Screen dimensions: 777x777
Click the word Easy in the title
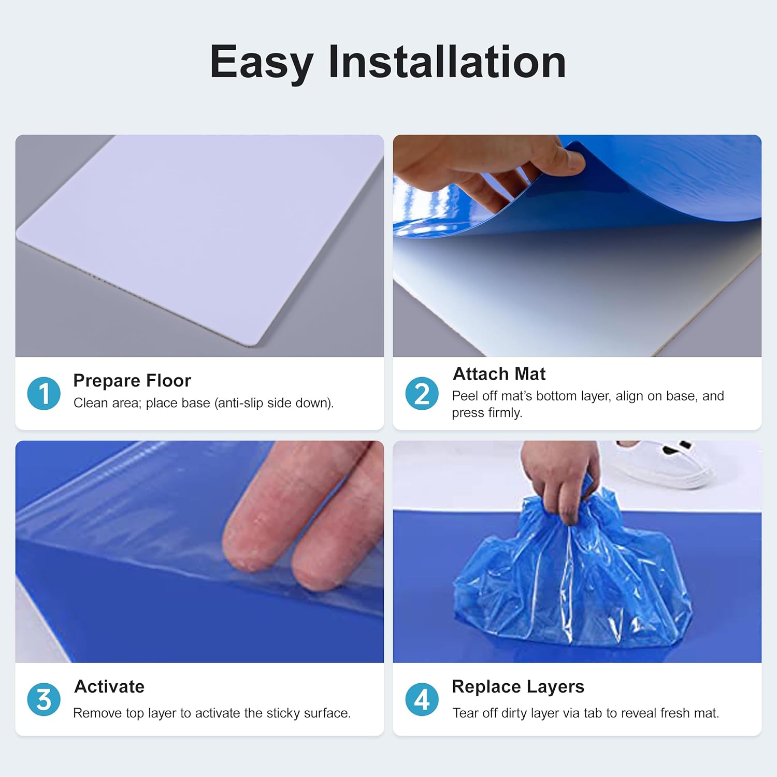point(261,62)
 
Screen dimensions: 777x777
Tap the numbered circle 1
point(44,393)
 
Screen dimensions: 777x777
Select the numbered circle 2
point(422,393)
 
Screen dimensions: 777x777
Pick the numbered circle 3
point(44,699)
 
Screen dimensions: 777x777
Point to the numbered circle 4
point(422,699)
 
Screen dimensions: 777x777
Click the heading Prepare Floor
point(132,381)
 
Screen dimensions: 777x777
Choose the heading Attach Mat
point(499,374)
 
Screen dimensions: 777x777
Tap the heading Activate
point(109,686)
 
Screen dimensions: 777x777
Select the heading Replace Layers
point(518,686)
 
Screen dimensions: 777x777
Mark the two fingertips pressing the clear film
point(280,559)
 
